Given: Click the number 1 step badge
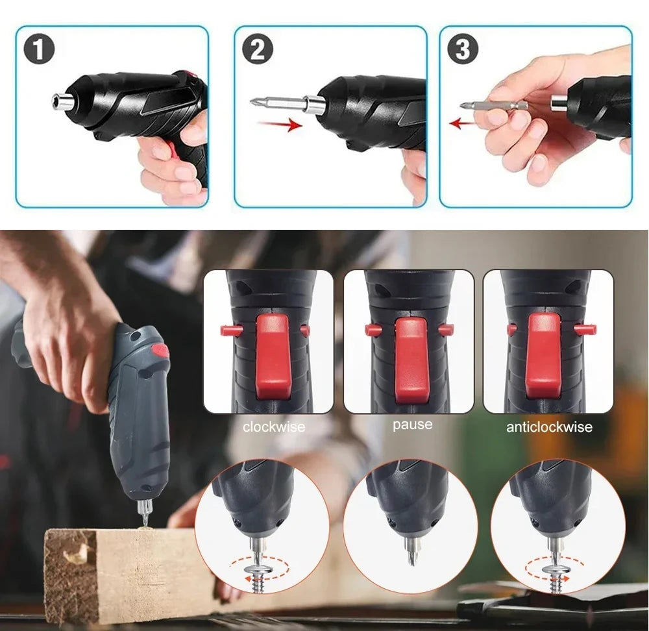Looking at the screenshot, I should [x=39, y=51].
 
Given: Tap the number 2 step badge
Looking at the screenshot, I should [x=258, y=51].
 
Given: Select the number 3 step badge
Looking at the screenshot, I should [x=463, y=49].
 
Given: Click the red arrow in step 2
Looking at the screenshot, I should [x=279, y=123].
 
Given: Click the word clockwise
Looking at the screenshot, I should [x=273, y=427].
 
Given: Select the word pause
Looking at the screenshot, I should [x=412, y=425].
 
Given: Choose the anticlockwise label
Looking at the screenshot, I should [x=549, y=427].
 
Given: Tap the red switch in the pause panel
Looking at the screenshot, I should [x=411, y=357].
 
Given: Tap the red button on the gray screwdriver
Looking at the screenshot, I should [x=159, y=353].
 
